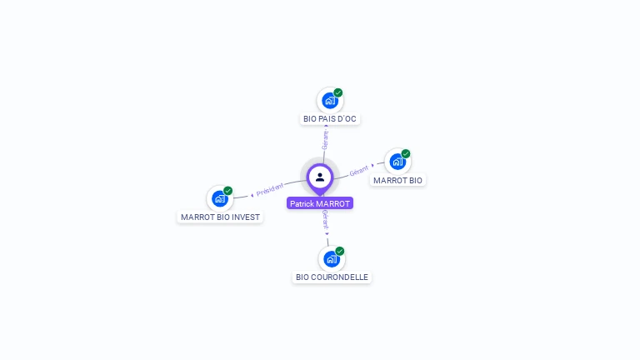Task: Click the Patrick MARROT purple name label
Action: [320, 203]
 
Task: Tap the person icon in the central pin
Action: [320, 177]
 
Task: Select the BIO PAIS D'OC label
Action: [330, 119]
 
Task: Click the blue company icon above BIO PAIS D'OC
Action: [330, 100]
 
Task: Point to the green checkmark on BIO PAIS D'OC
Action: [338, 92]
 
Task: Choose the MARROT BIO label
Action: [398, 180]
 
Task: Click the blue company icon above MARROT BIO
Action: [397, 162]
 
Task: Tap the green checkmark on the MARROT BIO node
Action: [406, 153]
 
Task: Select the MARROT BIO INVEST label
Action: [220, 217]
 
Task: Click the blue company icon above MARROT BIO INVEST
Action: [220, 199]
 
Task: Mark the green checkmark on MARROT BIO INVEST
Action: [227, 191]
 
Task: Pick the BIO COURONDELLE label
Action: [332, 277]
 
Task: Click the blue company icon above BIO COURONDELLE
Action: [332, 259]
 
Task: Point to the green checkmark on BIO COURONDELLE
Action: [340, 251]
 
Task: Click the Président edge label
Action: [270, 189]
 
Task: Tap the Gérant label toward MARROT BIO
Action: [359, 171]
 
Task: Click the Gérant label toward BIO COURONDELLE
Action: [325, 219]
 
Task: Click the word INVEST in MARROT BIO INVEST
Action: [246, 217]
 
